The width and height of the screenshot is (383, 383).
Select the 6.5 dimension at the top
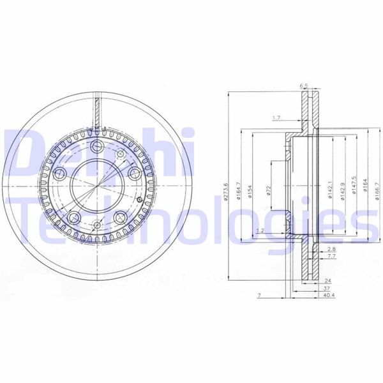(x=304, y=85)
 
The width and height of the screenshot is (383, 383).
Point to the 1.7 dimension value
(x=276, y=118)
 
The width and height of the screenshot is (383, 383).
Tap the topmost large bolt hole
(x=97, y=148)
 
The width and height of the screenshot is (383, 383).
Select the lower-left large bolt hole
(x=74, y=216)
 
